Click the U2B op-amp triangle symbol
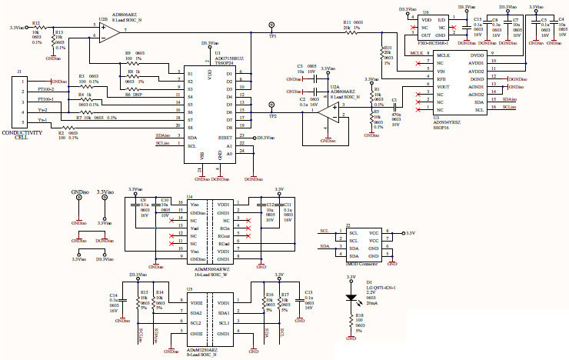108,32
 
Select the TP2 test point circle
271,107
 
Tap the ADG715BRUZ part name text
229,58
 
